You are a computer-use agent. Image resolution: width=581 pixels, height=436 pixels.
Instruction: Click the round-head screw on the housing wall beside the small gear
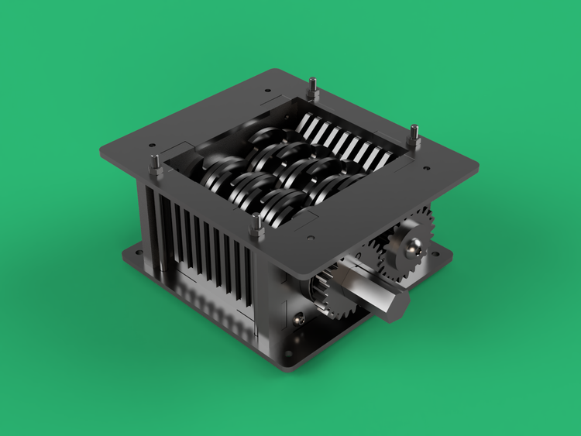tap(298, 317)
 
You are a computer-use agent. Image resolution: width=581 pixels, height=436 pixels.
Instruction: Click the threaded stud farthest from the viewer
tap(312, 88)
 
